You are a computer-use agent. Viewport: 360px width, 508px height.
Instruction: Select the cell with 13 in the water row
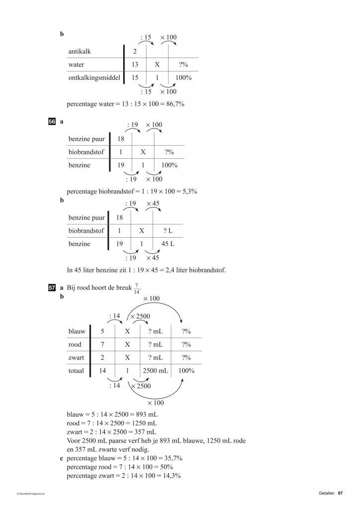[135, 65]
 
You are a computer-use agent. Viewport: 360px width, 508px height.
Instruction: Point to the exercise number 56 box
[52, 121]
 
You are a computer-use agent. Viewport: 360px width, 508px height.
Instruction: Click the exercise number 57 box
[52, 287]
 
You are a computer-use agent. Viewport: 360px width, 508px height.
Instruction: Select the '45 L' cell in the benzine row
[168, 244]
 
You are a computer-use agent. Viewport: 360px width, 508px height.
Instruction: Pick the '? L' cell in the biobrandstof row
[168, 231]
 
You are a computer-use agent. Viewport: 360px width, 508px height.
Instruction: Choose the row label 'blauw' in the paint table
[77, 331]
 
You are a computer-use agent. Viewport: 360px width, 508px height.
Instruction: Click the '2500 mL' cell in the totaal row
[155, 371]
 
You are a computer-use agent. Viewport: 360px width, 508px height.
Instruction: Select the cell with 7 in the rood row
[102, 344]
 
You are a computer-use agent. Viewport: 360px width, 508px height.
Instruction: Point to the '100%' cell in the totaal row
[186, 371]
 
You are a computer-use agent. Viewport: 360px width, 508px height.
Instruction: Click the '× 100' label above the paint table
[151, 299]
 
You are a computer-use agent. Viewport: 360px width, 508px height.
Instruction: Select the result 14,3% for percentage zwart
[170, 476]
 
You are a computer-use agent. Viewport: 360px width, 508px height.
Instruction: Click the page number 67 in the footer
[341, 493]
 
